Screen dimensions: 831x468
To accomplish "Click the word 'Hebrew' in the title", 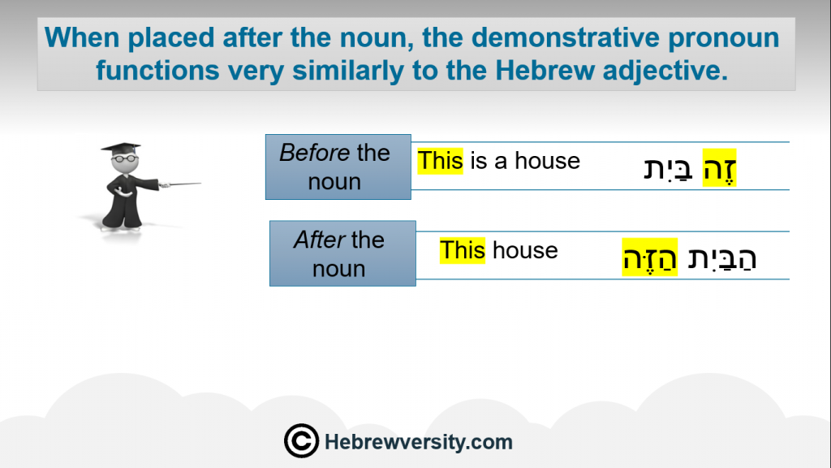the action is tap(545, 70).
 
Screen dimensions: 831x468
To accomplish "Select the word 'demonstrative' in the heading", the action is tap(565, 37).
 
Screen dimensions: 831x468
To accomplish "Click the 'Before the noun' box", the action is tap(338, 167).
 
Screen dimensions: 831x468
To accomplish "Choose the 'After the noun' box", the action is tap(342, 253).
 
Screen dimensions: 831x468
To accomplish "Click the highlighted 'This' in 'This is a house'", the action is tap(440, 161).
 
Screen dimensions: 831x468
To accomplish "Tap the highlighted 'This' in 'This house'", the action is tap(462, 250).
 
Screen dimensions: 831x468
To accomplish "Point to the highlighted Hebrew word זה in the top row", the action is tap(719, 167).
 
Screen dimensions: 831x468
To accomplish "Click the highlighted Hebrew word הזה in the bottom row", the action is tap(650, 257).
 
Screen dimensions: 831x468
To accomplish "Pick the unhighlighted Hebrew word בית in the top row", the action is tap(669, 169).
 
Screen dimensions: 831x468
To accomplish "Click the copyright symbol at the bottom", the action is tap(301, 441).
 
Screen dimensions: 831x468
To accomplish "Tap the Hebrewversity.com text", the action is tap(418, 442).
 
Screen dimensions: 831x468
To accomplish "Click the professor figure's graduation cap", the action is tap(122, 148).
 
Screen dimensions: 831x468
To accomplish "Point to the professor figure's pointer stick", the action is tap(181, 184).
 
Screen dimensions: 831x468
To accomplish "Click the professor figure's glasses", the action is tap(124, 158).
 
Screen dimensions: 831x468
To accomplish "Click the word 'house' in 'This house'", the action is tap(525, 250).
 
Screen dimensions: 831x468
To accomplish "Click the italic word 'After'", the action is tap(319, 240).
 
